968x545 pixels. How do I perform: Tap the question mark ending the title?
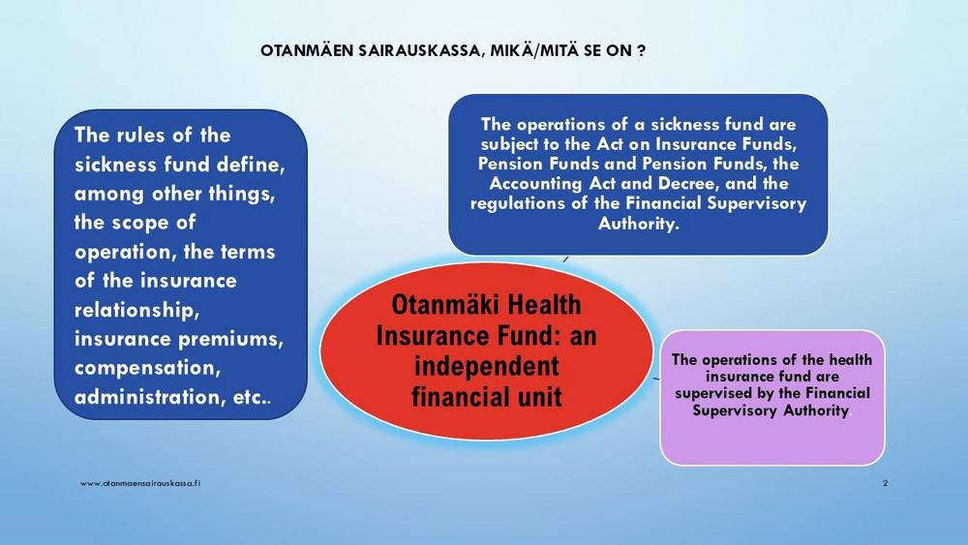click(642, 50)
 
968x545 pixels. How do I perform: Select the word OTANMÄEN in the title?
click(307, 50)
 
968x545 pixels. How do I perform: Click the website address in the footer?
click(140, 483)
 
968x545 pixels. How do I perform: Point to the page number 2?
click(886, 483)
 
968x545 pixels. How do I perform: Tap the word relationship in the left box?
click(137, 310)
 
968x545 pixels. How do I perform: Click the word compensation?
click(147, 368)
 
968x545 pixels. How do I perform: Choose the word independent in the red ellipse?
click(487, 366)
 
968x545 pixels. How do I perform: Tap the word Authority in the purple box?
click(816, 410)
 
